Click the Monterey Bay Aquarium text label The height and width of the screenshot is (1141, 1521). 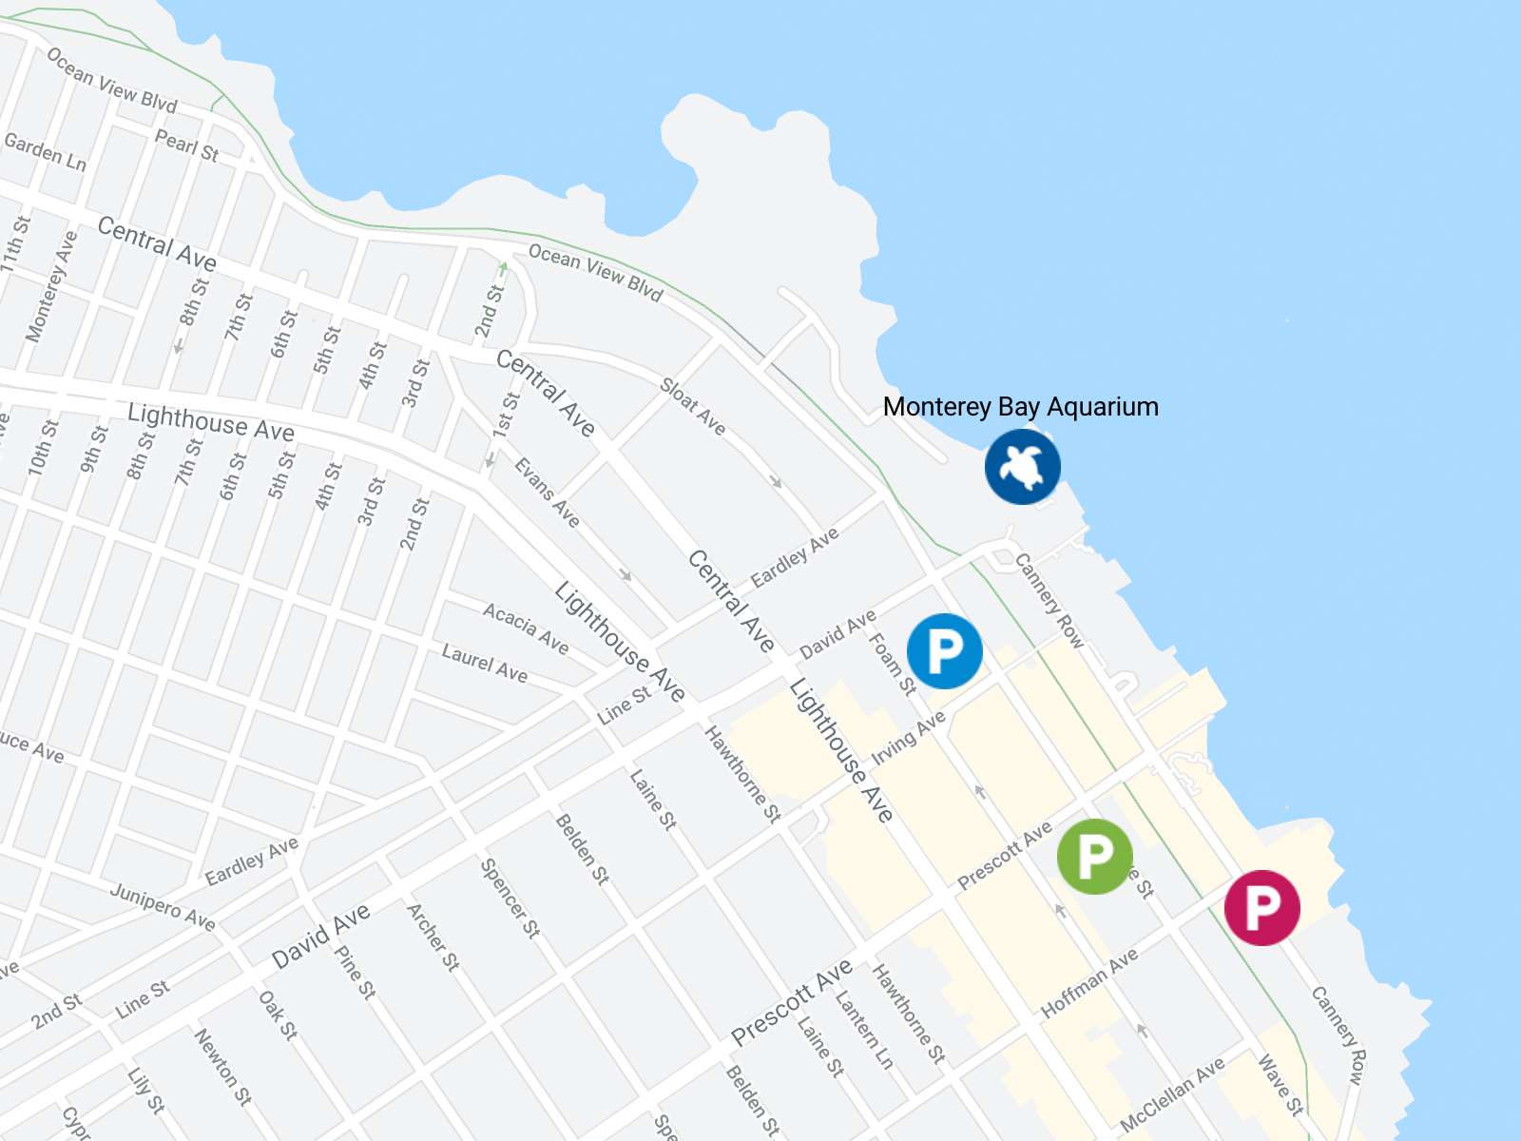click(x=1020, y=407)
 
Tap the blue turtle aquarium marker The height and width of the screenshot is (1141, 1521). click(x=1022, y=466)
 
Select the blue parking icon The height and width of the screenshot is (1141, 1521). click(x=944, y=651)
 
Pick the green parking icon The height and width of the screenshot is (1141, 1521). click(x=1094, y=856)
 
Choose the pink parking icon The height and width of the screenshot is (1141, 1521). click(x=1261, y=907)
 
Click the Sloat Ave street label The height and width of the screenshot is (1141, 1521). click(x=693, y=407)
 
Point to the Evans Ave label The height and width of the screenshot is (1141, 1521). click(x=547, y=493)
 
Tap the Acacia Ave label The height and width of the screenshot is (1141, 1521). click(x=526, y=629)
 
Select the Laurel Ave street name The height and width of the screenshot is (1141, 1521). click(x=485, y=662)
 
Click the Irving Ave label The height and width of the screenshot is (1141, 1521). click(x=909, y=737)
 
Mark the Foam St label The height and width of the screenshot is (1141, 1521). click(x=893, y=664)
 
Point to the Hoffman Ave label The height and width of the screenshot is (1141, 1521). click(x=1089, y=983)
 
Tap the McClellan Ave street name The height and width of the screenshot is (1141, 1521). click(x=1172, y=1094)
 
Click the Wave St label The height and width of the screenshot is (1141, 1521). click(x=1280, y=1084)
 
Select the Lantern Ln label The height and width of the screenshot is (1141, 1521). click(x=864, y=1030)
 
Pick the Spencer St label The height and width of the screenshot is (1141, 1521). click(x=510, y=898)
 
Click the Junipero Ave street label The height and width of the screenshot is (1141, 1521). click(x=163, y=905)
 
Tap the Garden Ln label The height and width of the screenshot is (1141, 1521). click(x=46, y=152)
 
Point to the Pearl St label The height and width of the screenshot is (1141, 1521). click(x=187, y=145)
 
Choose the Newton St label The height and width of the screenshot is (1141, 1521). click(x=223, y=1067)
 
